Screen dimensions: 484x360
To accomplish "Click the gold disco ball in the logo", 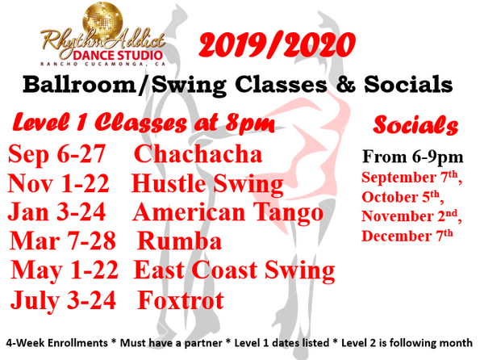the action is tap(102, 21).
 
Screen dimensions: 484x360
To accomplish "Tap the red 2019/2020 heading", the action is tap(277, 44).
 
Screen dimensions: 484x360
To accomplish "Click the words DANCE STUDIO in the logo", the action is tap(118, 56).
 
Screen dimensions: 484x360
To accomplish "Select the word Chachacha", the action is tap(198, 153).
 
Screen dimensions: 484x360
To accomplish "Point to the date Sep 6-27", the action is tap(56, 154).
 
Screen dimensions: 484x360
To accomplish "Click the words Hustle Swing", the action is tap(207, 184).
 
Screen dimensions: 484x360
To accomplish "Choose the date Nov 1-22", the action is tap(59, 182).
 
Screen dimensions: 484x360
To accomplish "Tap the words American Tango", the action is tap(227, 212).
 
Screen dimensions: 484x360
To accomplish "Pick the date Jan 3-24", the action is tap(56, 211).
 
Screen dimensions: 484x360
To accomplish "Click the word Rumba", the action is tap(179, 241).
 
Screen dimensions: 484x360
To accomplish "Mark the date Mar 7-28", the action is tap(63, 241).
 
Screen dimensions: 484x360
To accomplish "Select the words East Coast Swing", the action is tap(234, 270).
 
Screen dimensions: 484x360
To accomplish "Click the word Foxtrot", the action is tap(181, 299).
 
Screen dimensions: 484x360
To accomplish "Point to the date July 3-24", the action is tap(63, 300).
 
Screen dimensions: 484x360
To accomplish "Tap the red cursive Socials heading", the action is tap(415, 125).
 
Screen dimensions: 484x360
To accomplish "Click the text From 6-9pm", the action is tap(413, 157).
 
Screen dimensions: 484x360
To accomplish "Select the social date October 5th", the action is tap(403, 197).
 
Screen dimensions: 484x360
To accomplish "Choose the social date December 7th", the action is tap(407, 236).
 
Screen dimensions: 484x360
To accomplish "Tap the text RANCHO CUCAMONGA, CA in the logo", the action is tap(102, 64).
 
